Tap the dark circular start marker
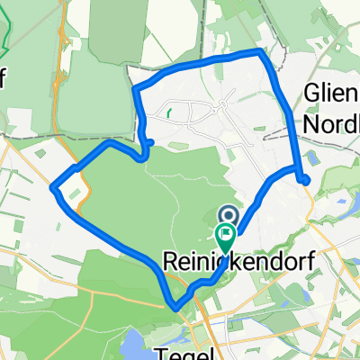228,215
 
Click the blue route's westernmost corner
54,187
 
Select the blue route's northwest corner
134,89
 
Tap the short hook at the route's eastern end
306,179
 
